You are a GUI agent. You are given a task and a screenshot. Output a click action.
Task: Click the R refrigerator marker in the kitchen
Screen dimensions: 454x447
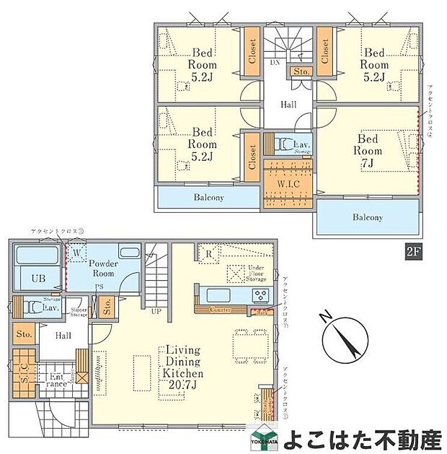point(208,253)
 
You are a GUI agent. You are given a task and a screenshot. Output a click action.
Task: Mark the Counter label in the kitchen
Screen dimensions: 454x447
point(220,310)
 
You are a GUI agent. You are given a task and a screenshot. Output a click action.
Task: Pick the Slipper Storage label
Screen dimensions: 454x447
point(79,312)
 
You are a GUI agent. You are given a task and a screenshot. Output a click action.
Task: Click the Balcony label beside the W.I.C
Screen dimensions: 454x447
point(208,197)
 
